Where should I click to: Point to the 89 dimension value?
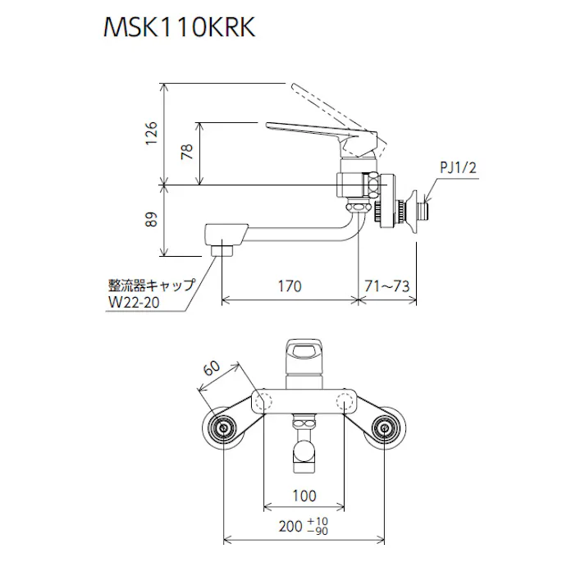(x=151, y=220)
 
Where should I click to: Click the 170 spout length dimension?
(x=289, y=286)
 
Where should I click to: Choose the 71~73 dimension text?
(x=386, y=286)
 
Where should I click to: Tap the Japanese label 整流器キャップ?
(x=152, y=285)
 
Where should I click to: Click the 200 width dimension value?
(x=290, y=527)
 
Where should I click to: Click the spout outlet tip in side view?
(x=221, y=247)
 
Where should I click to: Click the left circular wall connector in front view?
(x=223, y=428)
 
